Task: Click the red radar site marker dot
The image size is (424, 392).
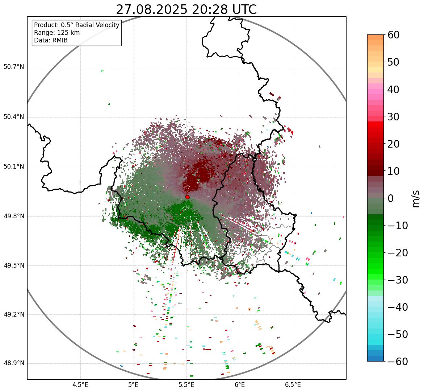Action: click(x=188, y=197)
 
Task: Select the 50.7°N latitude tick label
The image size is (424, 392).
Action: click(x=14, y=67)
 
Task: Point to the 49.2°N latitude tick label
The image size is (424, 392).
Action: click(x=14, y=314)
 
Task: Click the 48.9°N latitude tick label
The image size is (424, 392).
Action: click(x=14, y=363)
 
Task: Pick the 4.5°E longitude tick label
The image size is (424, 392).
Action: click(x=80, y=385)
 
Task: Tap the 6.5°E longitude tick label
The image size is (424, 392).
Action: click(x=293, y=385)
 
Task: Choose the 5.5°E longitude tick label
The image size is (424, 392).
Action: click(x=186, y=385)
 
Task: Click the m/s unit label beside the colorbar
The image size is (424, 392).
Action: click(x=416, y=198)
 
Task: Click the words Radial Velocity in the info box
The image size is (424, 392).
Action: click(x=97, y=25)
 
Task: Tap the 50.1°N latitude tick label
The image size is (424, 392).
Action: click(x=14, y=167)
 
